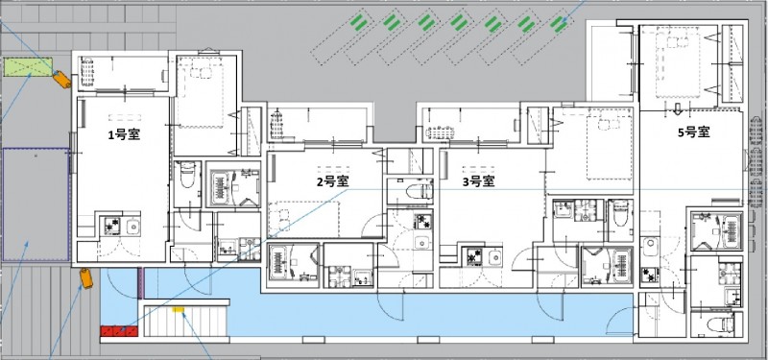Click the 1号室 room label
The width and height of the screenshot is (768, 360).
[124, 134]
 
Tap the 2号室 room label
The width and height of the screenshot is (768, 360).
[332, 181]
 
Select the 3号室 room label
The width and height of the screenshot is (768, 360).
[478, 181]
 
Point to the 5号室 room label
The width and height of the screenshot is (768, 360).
[694, 132]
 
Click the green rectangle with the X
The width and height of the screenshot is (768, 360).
[29, 66]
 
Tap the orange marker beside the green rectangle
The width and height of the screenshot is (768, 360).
[61, 80]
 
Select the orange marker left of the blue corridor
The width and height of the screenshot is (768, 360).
[86, 278]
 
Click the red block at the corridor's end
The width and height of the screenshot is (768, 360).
[119, 331]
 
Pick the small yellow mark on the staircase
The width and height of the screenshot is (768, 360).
[179, 309]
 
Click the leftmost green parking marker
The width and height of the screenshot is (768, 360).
[359, 22]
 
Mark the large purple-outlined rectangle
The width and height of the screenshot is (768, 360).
[36, 204]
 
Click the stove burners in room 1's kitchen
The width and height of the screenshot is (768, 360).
[112, 227]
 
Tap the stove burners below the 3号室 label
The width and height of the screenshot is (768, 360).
[474, 256]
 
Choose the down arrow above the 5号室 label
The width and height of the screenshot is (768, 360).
[678, 108]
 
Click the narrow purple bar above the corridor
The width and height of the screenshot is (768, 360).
[140, 283]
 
